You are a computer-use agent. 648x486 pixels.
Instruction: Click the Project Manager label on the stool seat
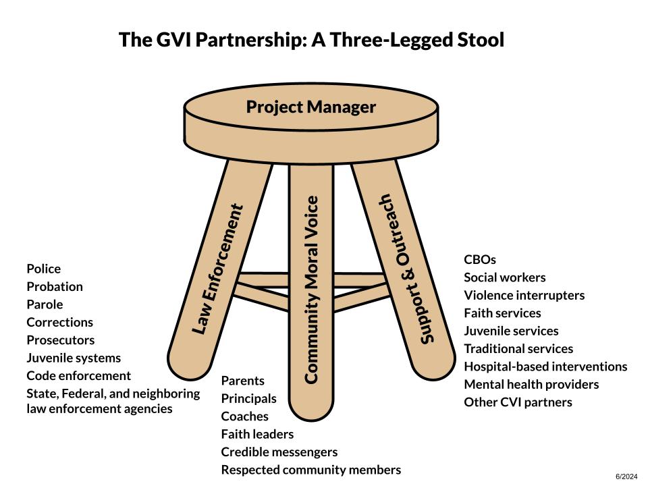[310, 107]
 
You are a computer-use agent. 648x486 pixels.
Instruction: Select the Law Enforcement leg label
[217, 269]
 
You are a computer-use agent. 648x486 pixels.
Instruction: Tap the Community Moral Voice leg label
[311, 290]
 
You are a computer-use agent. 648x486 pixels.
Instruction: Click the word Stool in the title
[481, 40]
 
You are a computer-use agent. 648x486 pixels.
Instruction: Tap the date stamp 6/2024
[626, 477]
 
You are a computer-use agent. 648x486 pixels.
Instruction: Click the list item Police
[43, 269]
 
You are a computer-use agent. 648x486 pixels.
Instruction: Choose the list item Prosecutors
[60, 340]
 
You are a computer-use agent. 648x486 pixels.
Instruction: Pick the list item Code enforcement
[78, 376]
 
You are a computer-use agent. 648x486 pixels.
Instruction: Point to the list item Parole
[45, 304]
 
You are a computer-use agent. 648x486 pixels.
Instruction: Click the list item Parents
[242, 381]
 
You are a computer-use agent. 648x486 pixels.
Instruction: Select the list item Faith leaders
[257, 434]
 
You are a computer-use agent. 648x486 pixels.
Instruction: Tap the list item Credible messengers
[279, 452]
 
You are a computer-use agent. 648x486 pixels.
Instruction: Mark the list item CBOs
[480, 259]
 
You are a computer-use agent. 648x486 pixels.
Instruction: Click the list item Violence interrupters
[524, 296]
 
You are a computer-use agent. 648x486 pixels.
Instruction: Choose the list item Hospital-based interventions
[545, 367]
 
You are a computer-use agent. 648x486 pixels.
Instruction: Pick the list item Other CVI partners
[518, 402]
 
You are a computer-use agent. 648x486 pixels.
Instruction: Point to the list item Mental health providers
[531, 385]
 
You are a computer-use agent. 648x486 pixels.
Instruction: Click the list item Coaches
[244, 416]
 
